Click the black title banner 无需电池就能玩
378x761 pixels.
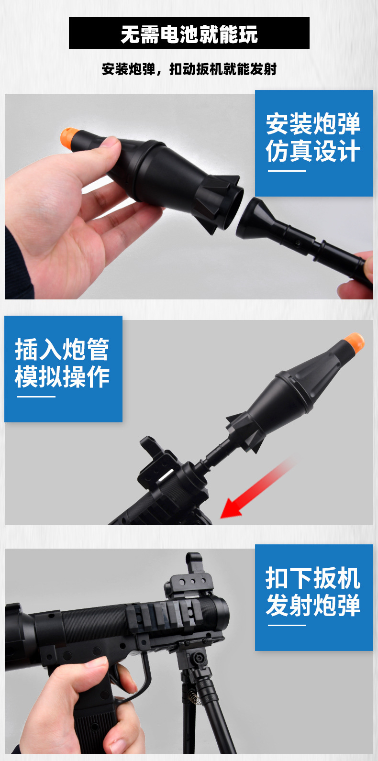(189, 33)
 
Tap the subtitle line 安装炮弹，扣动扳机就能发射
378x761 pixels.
(189, 69)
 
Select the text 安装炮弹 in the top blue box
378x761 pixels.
(313, 124)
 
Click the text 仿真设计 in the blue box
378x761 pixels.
(313, 151)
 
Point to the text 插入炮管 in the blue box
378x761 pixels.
(62, 349)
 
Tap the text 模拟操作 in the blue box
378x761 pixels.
(62, 376)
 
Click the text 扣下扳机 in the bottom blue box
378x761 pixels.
(313, 578)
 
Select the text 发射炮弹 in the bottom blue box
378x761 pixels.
(313, 606)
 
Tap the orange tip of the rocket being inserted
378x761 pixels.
(354, 342)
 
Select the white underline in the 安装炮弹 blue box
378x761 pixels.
(287, 171)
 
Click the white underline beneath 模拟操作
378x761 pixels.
(36, 397)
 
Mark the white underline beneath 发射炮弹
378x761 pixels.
(287, 625)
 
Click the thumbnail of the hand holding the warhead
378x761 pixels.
(110, 142)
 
